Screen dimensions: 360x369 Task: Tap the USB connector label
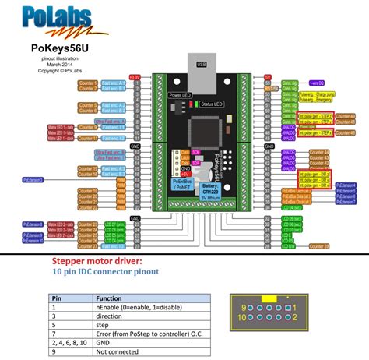coord(202,65)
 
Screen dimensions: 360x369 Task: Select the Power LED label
coord(181,95)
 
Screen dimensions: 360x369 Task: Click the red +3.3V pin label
coord(135,78)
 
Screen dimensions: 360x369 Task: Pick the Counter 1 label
coord(88,83)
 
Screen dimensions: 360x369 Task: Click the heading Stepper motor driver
coord(97,261)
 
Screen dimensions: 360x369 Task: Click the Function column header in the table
coord(108,298)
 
